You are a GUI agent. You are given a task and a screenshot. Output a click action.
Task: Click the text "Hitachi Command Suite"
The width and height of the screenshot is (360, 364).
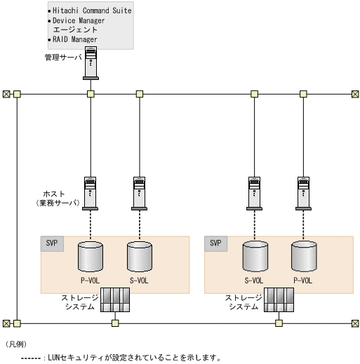[92, 11]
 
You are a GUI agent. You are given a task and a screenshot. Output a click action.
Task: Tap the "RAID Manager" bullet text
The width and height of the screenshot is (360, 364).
[75, 39]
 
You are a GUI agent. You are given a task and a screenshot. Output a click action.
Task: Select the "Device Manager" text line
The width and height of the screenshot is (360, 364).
[79, 21]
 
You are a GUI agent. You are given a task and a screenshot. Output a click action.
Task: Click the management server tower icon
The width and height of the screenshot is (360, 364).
[91, 63]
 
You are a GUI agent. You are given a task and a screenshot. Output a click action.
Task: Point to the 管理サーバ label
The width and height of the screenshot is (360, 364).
[63, 58]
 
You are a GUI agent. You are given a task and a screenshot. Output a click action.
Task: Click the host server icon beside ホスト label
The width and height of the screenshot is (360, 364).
[90, 194]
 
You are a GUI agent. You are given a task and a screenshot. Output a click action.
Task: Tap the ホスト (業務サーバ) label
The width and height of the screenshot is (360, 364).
[58, 198]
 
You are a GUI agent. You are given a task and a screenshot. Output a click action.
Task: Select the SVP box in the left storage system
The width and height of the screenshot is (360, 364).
[52, 244]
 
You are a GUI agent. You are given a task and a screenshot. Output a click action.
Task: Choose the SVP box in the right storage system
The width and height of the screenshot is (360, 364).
[216, 244]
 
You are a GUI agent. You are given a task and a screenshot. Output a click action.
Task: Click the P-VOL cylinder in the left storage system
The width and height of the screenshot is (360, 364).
[91, 257]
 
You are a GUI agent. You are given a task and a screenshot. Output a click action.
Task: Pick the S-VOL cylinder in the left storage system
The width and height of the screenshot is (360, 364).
[140, 257]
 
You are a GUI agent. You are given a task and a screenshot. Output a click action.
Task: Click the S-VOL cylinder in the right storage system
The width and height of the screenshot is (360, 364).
[255, 257]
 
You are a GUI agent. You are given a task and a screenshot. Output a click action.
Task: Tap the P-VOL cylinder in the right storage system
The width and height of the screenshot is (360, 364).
[304, 257]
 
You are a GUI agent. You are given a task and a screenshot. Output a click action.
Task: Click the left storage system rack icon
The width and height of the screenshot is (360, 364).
[115, 299]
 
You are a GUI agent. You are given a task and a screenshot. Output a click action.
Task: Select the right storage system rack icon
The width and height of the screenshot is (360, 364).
[279, 299]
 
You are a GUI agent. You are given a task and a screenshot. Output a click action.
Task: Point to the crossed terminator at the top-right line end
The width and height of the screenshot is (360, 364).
[355, 94]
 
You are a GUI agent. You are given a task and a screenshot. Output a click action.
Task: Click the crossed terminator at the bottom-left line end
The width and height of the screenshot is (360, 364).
[6, 323]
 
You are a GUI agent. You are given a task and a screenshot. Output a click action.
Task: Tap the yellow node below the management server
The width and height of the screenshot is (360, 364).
[91, 94]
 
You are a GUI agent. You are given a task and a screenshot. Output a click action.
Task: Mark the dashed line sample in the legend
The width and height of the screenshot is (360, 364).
[31, 358]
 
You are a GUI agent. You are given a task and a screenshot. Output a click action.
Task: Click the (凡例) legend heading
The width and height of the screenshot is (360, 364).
[16, 344]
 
